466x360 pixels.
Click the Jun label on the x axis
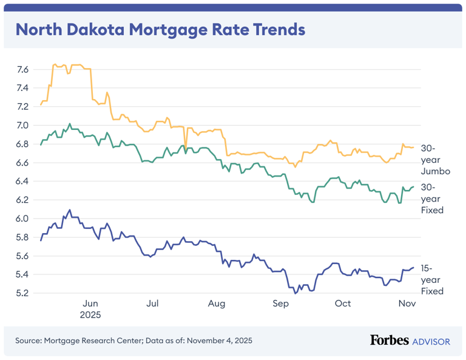coord(90,304)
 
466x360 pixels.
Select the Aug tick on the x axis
coord(216,304)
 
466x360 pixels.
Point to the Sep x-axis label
coord(280,304)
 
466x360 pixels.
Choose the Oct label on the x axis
coord(343,304)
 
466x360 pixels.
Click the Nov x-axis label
coord(406,304)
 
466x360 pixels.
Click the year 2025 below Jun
coord(90,316)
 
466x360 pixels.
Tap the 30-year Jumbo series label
coord(435,160)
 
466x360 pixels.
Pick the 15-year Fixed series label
coord(432,279)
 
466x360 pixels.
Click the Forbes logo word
coord(389,341)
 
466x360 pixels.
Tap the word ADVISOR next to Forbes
coord(431,342)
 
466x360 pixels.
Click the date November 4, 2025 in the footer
coord(219,341)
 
